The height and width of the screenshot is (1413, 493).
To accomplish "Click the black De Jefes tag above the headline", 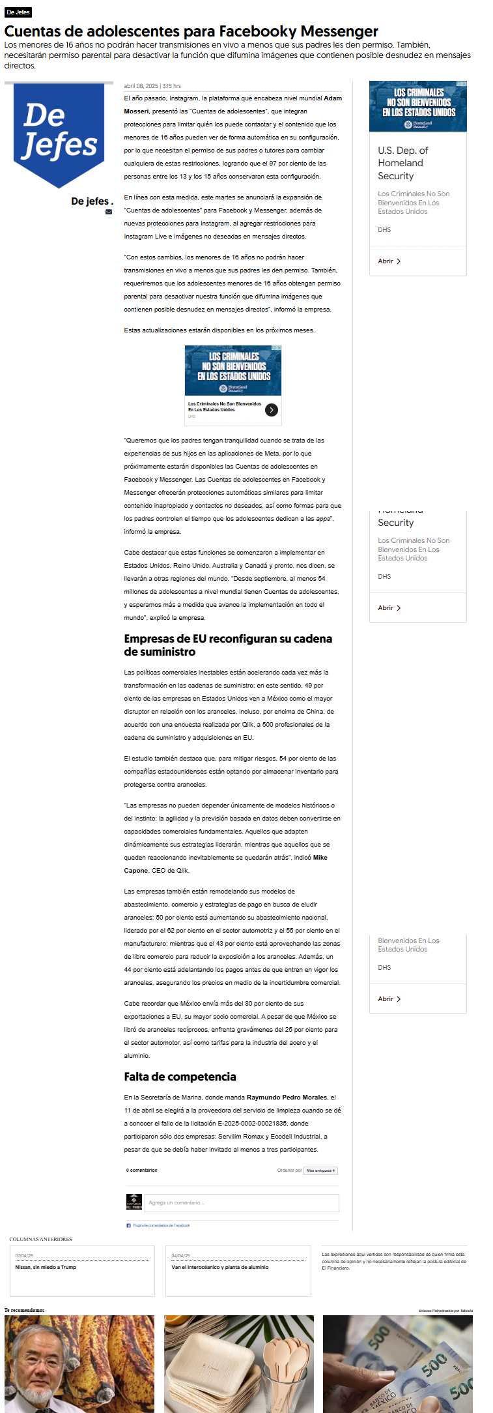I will click(18, 12).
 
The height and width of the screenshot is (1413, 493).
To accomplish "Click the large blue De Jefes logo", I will click(59, 134).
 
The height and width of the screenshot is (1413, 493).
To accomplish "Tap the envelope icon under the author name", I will click(109, 212).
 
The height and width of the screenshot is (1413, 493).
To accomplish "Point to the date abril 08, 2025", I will click(141, 86).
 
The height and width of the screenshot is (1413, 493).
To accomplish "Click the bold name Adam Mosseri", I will click(332, 98).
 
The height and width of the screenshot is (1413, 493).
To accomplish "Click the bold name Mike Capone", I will click(320, 858).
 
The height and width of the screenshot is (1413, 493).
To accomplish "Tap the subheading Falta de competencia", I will click(180, 1077).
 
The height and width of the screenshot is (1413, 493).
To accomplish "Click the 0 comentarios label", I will click(141, 1171).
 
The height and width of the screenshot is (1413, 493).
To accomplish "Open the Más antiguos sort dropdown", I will click(320, 1171).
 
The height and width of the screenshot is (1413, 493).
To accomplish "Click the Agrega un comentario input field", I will click(242, 1202).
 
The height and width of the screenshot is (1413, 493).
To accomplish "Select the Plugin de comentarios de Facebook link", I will click(161, 1225).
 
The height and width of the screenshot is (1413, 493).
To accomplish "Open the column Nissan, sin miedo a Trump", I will click(46, 1268).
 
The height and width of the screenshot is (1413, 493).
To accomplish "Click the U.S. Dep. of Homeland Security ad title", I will click(402, 163).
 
